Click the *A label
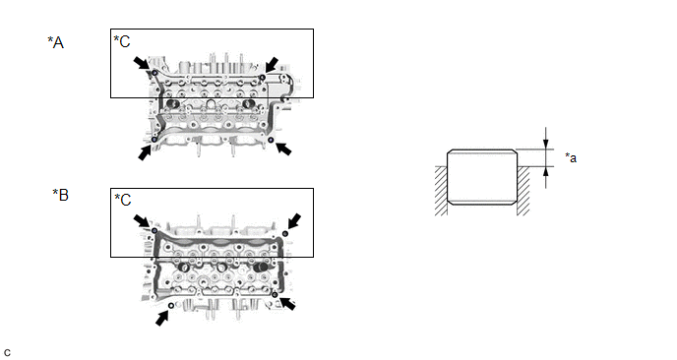(56, 42)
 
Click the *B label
(60, 195)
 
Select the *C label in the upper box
(122, 41)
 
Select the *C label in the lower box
(123, 200)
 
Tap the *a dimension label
(571, 157)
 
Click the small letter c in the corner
(7, 353)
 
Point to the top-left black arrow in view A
(141, 63)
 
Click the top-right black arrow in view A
(272, 65)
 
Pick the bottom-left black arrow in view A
(145, 152)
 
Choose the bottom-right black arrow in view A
(283, 149)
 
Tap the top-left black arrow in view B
(141, 221)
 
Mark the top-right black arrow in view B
(294, 220)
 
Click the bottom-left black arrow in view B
(162, 319)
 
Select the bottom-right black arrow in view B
(287, 304)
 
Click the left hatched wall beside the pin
(441, 191)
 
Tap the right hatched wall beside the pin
(523, 191)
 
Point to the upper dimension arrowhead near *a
(546, 144)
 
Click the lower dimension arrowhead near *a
(546, 172)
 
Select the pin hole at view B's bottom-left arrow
(171, 306)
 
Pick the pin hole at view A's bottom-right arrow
(271, 140)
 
